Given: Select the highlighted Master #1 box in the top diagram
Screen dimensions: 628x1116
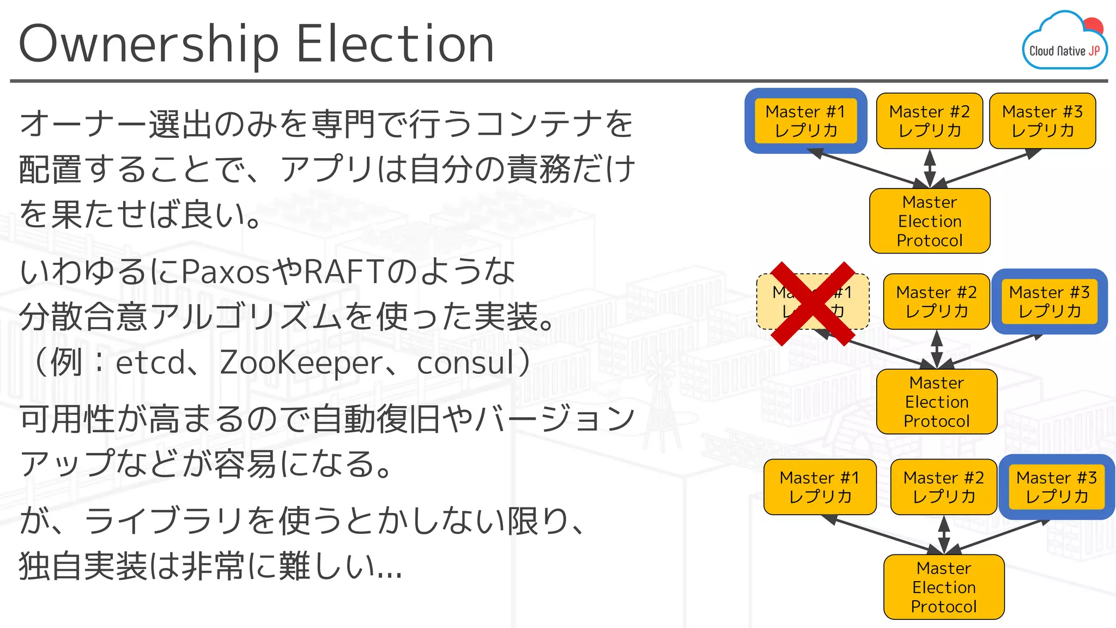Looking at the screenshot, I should pyautogui.click(x=805, y=120).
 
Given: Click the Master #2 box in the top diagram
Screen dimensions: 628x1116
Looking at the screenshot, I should pyautogui.click(x=930, y=120).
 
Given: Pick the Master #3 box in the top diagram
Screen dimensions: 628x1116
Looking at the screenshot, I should pyautogui.click(x=1042, y=120).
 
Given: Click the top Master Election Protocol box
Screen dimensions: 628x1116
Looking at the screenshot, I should pyautogui.click(x=930, y=221).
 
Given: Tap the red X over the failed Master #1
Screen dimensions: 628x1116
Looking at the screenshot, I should pyautogui.click(x=812, y=303).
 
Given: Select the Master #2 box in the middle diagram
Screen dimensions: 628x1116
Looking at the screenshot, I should pyautogui.click(x=936, y=301).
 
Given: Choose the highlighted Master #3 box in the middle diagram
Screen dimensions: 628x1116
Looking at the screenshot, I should pyautogui.click(x=1050, y=301).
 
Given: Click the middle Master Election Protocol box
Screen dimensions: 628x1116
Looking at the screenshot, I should pyautogui.click(x=937, y=402).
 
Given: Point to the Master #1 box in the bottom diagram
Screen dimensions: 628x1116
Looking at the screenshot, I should pyautogui.click(x=820, y=487).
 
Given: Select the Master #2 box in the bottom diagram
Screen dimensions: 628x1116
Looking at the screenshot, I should pyautogui.click(x=944, y=487).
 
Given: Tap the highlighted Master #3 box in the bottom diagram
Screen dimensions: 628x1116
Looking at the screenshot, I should pyautogui.click(x=1057, y=487).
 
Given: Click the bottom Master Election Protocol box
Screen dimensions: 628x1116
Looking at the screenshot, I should pyautogui.click(x=944, y=587).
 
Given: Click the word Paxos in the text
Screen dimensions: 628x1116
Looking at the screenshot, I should pyautogui.click(x=225, y=271).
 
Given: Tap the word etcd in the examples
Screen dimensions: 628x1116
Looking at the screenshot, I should pyautogui.click(x=150, y=363).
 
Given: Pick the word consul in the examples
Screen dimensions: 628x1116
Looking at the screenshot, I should pyautogui.click(x=465, y=363).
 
